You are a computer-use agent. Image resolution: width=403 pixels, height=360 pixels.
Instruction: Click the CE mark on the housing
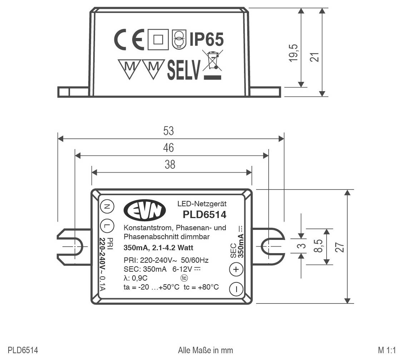pyautogui.click(x=129, y=39)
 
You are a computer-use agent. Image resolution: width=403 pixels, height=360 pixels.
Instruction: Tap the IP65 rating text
pyautogui.click(x=206, y=39)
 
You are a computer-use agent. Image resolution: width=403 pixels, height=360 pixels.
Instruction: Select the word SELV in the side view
pyautogui.click(x=184, y=70)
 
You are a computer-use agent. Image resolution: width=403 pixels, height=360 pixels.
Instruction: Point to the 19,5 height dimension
pyautogui.click(x=294, y=53)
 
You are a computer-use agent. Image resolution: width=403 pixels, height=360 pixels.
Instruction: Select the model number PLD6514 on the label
pyautogui.click(x=204, y=214)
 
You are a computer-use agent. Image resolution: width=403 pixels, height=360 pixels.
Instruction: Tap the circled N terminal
pyautogui.click(x=107, y=207)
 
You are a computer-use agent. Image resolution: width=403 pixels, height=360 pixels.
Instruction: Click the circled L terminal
pyautogui.click(x=107, y=226)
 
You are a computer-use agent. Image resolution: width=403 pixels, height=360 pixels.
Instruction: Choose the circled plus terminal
pyautogui.click(x=236, y=270)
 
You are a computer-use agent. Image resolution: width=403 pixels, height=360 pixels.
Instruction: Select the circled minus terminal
pyautogui.click(x=236, y=289)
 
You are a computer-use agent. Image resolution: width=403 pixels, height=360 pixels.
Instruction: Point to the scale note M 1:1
pyautogui.click(x=387, y=350)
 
